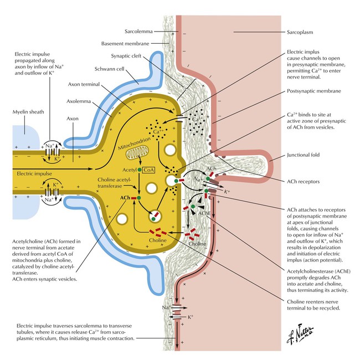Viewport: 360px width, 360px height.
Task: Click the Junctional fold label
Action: coord(304,156)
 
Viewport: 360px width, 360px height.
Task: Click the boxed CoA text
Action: coord(148,170)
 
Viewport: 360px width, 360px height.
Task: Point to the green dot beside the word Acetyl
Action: coord(140,169)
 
